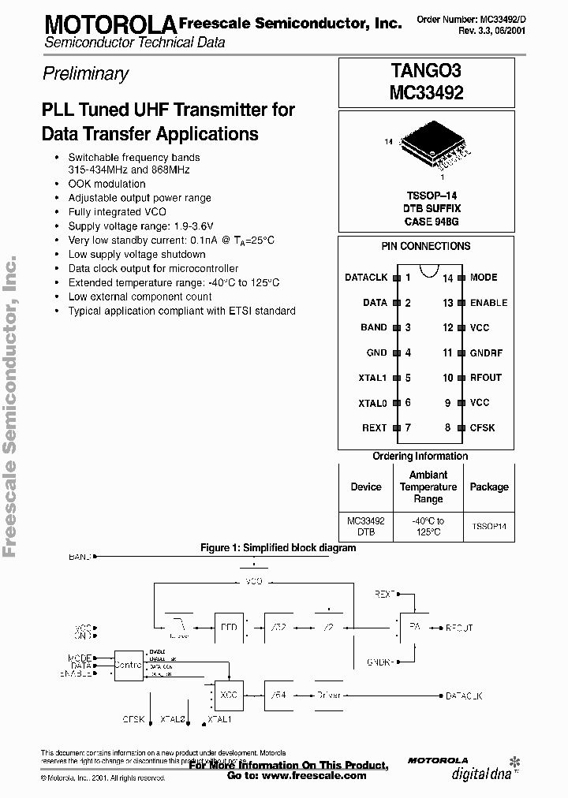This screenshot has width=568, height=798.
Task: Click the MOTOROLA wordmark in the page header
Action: (109, 24)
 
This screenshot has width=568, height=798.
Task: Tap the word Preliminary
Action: (84, 74)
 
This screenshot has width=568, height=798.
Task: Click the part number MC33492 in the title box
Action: (426, 92)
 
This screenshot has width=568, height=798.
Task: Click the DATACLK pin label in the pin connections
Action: (366, 278)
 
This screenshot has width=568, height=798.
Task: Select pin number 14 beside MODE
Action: (447, 278)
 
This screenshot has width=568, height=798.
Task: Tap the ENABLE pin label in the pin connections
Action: (488, 303)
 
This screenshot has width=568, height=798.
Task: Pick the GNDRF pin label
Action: (486, 353)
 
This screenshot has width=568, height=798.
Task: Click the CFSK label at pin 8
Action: (483, 427)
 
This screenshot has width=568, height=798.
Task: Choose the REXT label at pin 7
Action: (374, 427)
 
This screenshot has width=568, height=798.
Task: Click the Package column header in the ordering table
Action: (489, 487)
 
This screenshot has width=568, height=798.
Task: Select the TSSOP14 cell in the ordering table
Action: (489, 526)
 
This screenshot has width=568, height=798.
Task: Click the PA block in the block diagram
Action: (413, 628)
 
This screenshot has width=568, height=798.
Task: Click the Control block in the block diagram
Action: (129, 664)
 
